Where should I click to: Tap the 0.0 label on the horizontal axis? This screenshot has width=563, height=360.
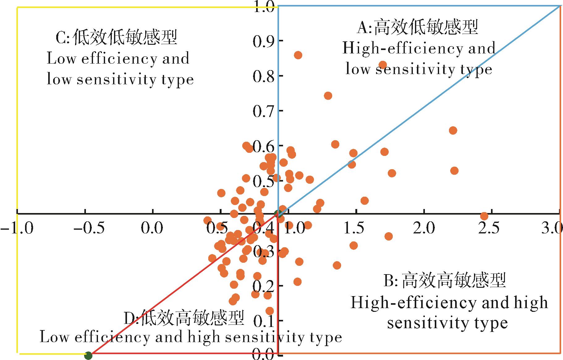(x=152, y=229)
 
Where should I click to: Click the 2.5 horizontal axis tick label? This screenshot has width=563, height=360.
(x=491, y=229)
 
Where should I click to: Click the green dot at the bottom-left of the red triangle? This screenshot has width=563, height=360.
(x=88, y=356)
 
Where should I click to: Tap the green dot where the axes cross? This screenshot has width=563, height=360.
(x=278, y=213)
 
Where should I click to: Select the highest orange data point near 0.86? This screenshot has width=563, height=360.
(x=298, y=55)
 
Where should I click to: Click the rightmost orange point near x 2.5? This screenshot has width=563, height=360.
(x=484, y=216)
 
